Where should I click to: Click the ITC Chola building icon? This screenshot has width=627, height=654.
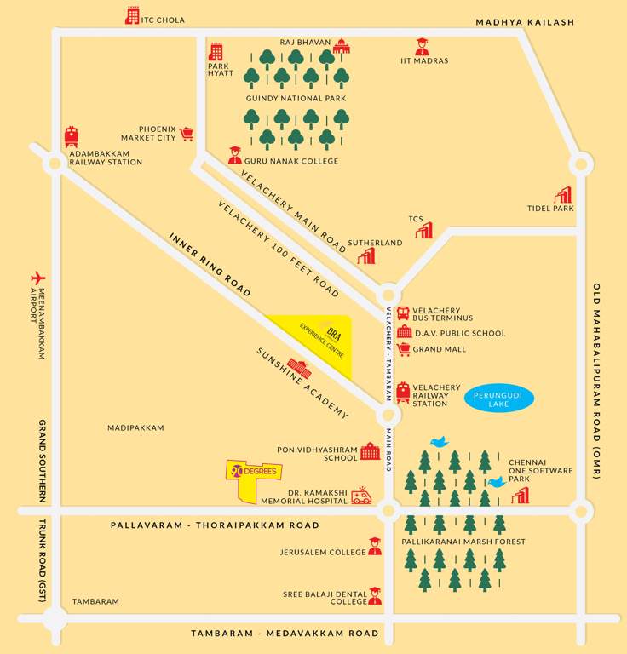point(132,15)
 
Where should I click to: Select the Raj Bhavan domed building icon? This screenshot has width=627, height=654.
point(342,46)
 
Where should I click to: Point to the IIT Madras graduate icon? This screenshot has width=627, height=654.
point(422,46)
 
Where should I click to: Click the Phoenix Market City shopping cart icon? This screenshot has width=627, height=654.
point(187,133)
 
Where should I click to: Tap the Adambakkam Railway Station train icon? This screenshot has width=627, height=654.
point(72,136)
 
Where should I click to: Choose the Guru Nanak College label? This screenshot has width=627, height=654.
point(290,161)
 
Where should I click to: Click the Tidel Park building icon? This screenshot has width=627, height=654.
point(562,195)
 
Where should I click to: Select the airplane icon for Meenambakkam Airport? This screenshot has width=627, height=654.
point(37,278)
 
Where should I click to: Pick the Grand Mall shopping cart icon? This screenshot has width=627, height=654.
point(403,349)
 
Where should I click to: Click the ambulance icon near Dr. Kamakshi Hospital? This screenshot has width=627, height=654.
point(362,496)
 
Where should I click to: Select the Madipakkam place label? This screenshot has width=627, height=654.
point(135,427)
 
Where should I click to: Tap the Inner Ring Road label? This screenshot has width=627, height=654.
point(210,265)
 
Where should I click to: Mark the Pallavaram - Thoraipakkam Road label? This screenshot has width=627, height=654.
point(215,525)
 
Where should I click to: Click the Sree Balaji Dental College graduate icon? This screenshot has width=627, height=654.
point(375,596)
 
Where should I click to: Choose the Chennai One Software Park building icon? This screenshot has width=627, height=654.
point(520,495)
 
